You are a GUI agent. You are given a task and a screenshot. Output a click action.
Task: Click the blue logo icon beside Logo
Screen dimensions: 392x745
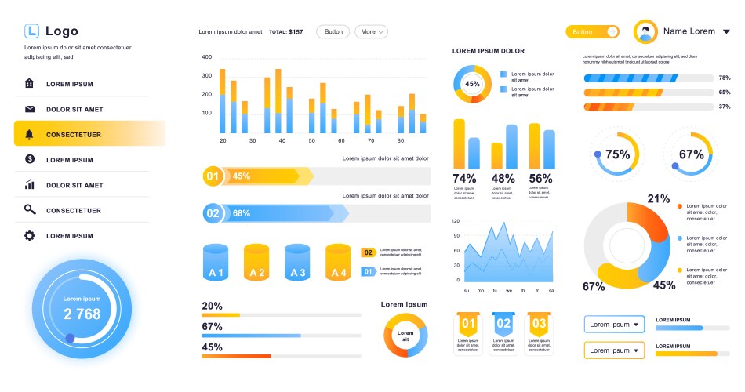pyautogui.click(x=31, y=31)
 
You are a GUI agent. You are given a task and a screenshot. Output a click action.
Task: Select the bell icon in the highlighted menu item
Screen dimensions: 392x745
pyautogui.click(x=30, y=134)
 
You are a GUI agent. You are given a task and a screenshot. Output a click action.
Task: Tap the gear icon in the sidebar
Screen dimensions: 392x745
pyautogui.click(x=30, y=235)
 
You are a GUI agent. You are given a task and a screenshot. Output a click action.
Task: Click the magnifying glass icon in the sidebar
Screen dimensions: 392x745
pyautogui.click(x=30, y=210)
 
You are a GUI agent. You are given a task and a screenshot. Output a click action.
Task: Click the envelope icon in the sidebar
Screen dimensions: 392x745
pyautogui.click(x=30, y=109)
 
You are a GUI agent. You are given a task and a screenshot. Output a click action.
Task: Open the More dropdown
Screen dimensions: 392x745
pyautogui.click(x=371, y=32)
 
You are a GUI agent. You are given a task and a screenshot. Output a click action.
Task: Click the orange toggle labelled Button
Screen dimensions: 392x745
pyautogui.click(x=592, y=32)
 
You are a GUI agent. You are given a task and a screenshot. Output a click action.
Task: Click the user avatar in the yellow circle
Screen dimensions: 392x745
pyautogui.click(x=645, y=32)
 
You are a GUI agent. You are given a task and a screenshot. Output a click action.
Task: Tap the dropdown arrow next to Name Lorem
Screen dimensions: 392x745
pyautogui.click(x=726, y=32)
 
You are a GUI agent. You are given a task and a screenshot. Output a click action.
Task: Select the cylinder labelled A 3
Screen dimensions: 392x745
pyautogui.click(x=297, y=263)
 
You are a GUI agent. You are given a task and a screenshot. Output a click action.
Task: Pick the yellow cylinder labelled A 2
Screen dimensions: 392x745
pyautogui.click(x=256, y=263)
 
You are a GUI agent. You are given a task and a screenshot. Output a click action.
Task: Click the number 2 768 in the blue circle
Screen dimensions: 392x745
pyautogui.click(x=82, y=314)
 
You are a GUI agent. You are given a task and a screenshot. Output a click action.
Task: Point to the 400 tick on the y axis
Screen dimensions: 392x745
pyautogui.click(x=207, y=57)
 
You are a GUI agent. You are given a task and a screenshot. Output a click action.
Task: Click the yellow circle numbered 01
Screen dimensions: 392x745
pyautogui.click(x=213, y=176)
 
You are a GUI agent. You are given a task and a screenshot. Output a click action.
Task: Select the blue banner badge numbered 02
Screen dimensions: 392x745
pyautogui.click(x=503, y=323)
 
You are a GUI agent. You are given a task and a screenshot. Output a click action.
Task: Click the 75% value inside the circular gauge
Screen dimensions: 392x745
pyautogui.click(x=618, y=154)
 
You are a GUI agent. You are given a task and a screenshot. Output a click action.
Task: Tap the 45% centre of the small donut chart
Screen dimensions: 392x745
pyautogui.click(x=472, y=84)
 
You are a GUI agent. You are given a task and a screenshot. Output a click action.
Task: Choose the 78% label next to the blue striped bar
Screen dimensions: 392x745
pyautogui.click(x=724, y=78)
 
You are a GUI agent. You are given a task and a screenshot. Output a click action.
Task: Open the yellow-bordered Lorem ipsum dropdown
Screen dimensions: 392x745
pyautogui.click(x=614, y=350)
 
